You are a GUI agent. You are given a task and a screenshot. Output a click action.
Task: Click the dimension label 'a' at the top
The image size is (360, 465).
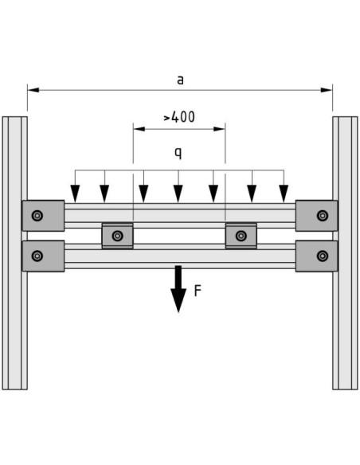[180, 80]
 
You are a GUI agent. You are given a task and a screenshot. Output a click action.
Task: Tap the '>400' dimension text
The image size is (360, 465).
[179, 117]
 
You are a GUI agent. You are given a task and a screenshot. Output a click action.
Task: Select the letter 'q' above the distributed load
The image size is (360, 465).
[178, 153]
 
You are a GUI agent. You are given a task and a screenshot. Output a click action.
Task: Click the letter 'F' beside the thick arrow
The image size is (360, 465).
[198, 291]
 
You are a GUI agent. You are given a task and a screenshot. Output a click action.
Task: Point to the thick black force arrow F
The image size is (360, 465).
[178, 289]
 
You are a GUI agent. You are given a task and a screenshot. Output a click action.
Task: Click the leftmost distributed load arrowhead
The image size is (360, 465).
[75, 193]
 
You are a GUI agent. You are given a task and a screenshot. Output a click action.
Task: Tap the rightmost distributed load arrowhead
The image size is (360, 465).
[284, 193]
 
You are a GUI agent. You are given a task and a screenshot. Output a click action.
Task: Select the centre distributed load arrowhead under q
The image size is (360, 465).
[178, 193]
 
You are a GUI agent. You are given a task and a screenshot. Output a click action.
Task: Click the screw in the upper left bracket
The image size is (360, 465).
[37, 216]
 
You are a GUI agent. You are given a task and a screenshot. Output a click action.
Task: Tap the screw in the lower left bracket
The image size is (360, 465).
[37, 256]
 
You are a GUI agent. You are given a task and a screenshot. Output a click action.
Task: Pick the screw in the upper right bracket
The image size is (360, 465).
[323, 216]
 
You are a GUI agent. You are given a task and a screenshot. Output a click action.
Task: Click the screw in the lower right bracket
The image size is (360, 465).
[323, 256]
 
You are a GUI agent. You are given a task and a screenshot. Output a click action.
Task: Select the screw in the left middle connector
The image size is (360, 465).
[118, 236]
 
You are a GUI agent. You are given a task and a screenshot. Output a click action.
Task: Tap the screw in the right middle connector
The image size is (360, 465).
[241, 236]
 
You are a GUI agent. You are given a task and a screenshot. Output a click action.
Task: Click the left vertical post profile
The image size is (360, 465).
[15, 253]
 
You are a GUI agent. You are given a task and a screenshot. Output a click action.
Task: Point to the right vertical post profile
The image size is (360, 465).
[345, 253]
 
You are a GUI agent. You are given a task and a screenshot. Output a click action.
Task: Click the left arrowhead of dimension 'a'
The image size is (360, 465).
[33, 90]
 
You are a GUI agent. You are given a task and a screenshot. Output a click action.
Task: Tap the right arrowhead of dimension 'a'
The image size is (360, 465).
[327, 90]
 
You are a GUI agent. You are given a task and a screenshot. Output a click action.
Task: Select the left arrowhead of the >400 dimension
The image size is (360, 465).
[139, 129]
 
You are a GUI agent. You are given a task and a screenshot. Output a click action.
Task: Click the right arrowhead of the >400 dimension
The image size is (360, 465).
[219, 129]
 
